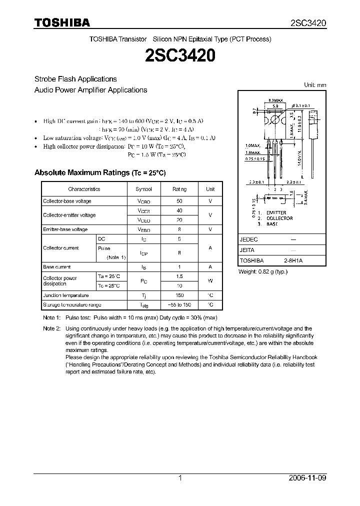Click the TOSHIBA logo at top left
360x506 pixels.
pos(62,23)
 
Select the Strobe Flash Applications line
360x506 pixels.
pos(75,79)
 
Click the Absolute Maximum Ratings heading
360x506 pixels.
pos(99,172)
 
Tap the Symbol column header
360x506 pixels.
pos(144,189)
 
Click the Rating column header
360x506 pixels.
pos(179,189)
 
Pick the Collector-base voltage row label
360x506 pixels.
pos(67,201)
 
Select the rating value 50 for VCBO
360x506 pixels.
pos(179,201)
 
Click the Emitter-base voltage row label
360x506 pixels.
pos(65,229)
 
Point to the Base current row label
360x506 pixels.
pos(57,267)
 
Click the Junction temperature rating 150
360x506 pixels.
pos(179,295)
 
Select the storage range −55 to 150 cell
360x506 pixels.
pos(179,304)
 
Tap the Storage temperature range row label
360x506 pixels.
pos(72,304)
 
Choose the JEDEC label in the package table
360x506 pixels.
pos(248,239)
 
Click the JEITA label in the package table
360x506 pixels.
pos(247,250)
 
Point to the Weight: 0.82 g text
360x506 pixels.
pos(263,271)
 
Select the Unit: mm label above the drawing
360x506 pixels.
pos(315,85)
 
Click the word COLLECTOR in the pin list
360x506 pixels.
pos(279,218)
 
